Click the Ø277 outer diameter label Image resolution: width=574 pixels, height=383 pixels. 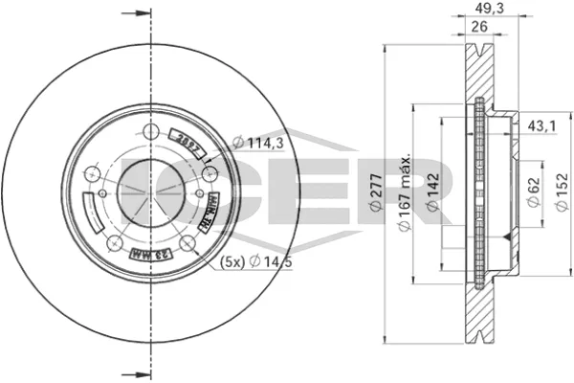tap(376, 195)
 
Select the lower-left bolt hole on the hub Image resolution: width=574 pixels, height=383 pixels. tap(115, 242)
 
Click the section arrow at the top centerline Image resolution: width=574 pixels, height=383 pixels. tap(139, 14)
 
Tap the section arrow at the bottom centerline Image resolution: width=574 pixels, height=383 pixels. tap(139, 372)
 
